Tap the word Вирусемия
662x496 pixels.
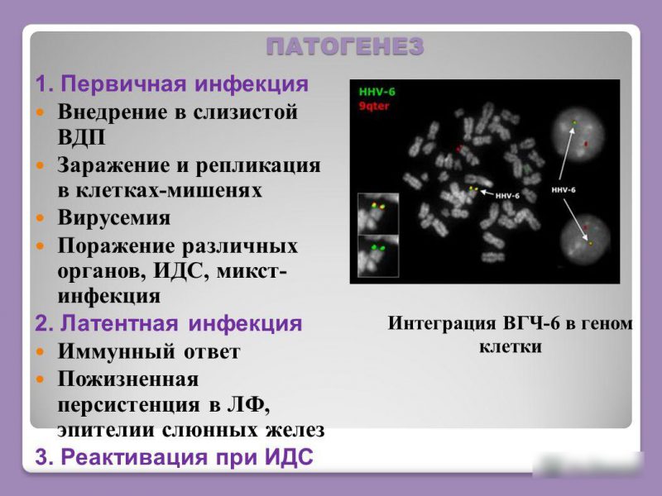113,218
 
